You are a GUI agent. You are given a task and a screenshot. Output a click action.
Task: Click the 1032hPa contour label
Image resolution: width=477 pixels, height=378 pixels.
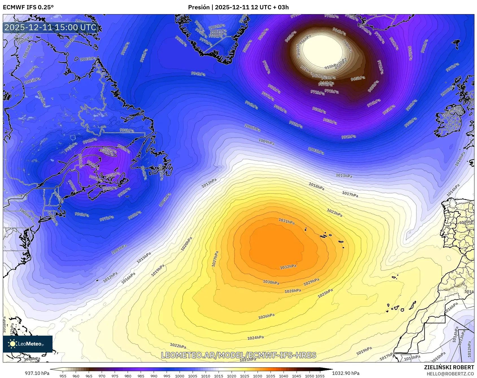click(288, 267)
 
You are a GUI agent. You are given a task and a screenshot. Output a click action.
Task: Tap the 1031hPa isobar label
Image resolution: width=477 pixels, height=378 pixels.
click(286, 221)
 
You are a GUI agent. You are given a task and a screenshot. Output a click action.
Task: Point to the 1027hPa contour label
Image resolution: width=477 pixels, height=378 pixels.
click(215, 259)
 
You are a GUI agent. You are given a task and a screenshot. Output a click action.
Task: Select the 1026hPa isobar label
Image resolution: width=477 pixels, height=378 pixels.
click(266, 316)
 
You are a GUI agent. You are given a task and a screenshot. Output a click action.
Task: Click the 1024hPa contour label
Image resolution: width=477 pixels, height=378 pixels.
click(255, 338)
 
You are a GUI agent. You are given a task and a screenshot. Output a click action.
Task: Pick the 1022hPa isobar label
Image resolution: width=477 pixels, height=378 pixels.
click(178, 346)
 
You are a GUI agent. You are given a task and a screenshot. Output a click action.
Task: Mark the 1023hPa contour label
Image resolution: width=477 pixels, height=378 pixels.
click(334, 212)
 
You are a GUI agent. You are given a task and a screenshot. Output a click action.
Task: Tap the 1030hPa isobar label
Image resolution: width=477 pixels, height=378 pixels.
click(271, 282)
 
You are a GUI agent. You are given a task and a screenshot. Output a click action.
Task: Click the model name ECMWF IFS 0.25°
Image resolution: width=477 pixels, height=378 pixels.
click(28, 7)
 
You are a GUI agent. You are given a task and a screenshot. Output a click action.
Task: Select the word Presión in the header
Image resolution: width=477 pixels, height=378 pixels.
click(199, 7)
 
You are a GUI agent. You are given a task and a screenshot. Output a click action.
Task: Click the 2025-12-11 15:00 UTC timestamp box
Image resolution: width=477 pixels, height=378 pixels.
click(51, 27)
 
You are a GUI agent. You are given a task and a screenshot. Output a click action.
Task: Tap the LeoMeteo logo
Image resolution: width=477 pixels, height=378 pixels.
click(28, 344)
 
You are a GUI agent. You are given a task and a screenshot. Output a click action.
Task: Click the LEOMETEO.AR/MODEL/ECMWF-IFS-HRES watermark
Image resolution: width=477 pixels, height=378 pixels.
click(238, 355)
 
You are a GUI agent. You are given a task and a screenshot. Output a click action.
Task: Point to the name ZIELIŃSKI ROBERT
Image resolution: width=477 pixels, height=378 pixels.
click(449, 367)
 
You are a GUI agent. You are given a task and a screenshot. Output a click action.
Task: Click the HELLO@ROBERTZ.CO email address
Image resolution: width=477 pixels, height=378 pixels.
click(450, 374)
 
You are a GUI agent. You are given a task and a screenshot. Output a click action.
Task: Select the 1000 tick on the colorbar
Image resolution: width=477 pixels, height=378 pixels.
click(180, 376)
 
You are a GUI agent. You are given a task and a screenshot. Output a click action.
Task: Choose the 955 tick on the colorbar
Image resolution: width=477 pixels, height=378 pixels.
click(63, 376)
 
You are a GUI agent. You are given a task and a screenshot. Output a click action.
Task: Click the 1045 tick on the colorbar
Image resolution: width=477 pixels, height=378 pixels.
click(297, 376)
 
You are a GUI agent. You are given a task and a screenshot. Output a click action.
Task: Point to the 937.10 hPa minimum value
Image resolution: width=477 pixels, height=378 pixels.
click(37, 373)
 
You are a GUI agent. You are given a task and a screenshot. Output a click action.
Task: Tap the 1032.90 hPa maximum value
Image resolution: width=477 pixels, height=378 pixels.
click(346, 373)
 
